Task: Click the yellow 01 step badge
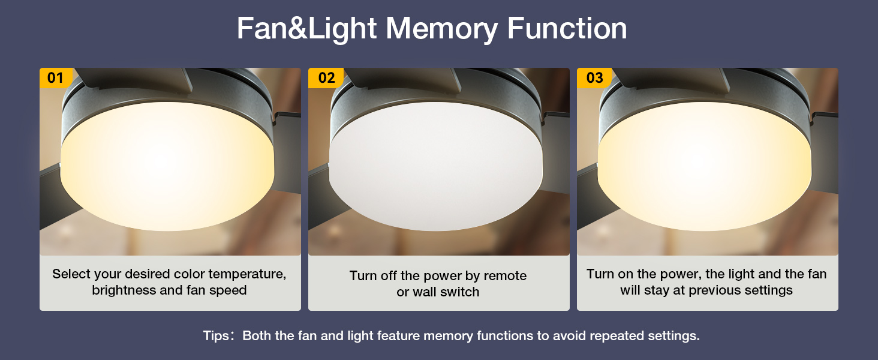(x=55, y=78)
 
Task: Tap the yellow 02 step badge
(x=326, y=78)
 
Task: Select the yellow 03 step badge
(x=594, y=78)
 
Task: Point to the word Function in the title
(x=567, y=28)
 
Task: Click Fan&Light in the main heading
(x=306, y=28)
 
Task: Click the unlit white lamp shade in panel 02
(x=438, y=168)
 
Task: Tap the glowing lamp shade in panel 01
(x=168, y=168)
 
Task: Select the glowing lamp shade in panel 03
(x=705, y=168)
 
